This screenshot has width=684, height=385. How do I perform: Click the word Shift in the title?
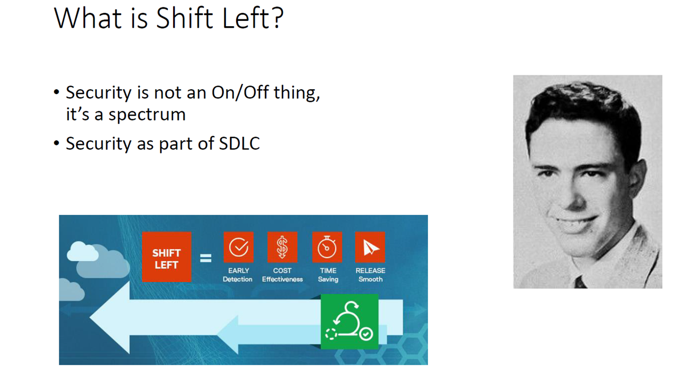[x=184, y=18]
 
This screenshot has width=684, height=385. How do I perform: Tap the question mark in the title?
[x=277, y=18]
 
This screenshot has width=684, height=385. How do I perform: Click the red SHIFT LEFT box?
[x=167, y=257]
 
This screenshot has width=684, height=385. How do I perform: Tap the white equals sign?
[x=206, y=258]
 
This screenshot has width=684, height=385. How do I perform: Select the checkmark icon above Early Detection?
[x=238, y=247]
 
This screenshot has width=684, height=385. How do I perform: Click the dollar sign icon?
[x=282, y=247]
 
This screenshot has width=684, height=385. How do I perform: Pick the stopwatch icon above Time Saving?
[x=327, y=247]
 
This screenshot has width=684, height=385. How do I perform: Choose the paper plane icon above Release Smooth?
[x=370, y=247]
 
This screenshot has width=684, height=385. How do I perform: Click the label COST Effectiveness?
[x=282, y=275]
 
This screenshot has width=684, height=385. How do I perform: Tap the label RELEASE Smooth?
[x=370, y=275]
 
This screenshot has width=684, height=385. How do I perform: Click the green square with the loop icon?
[x=349, y=321]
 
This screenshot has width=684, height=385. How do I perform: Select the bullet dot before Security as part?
[x=56, y=143]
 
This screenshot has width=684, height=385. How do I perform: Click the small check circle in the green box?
[x=366, y=334]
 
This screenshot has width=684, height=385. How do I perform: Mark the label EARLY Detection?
[x=238, y=275]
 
